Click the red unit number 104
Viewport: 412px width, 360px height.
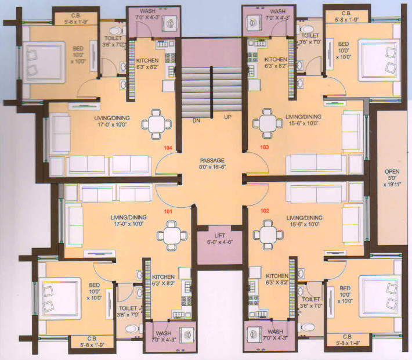pos(168,148)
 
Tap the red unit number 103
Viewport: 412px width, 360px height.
pos(264,148)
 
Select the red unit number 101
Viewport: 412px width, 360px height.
pos(168,211)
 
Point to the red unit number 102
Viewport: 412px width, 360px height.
pos(266,211)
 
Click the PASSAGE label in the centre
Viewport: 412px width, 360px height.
pos(212,160)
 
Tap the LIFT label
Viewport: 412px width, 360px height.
pos(220,235)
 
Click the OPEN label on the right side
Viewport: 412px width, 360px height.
pos(392,172)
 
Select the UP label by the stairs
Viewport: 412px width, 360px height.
pos(228,117)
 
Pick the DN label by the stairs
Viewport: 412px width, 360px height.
pos(196,121)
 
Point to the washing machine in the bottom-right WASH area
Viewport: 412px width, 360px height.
pos(255,336)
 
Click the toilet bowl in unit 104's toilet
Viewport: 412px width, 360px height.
pos(116,30)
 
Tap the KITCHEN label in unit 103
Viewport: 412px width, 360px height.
pos(276,59)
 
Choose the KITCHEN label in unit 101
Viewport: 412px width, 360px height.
pos(164,277)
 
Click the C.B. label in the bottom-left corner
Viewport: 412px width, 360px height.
pos(92,338)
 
